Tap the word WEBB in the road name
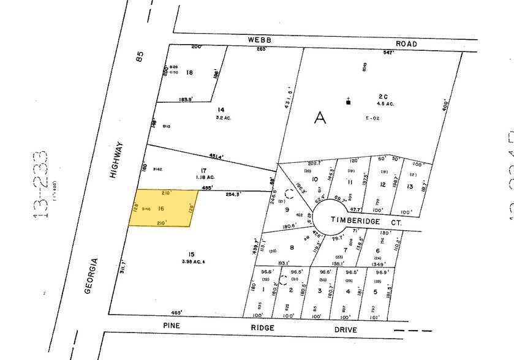259,39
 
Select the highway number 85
140,59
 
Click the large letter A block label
320,118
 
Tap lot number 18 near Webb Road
189,72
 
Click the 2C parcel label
384,96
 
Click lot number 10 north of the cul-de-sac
315,179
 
